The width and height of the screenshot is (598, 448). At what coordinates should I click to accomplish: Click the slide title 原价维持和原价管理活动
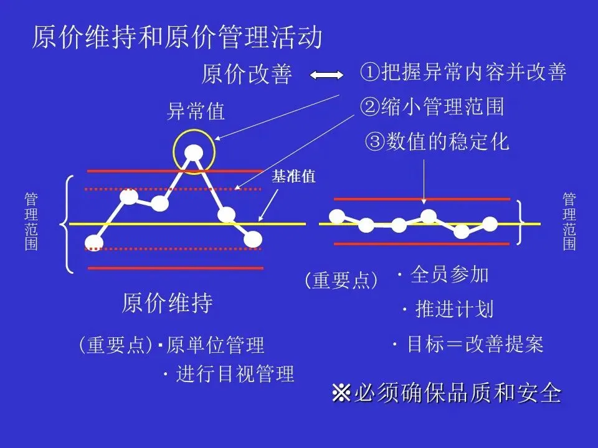[x=178, y=37]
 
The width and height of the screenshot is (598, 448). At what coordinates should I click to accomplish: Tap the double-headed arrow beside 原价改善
[x=327, y=75]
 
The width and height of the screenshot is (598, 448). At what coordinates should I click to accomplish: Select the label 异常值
[x=196, y=112]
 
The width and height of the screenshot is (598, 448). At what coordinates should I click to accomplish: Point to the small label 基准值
[x=294, y=177]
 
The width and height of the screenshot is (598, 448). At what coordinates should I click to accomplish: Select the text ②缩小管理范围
[x=432, y=107]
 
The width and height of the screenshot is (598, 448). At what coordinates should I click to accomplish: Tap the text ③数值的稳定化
[x=437, y=142]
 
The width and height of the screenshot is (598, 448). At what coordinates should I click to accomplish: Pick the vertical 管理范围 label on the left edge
[x=31, y=222]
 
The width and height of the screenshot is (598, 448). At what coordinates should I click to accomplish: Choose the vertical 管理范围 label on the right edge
[x=569, y=222]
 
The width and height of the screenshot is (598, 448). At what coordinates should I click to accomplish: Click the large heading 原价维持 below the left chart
[x=167, y=304]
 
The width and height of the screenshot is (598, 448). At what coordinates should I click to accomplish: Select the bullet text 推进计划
[x=454, y=309]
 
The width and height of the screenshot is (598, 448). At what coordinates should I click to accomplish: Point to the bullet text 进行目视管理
[x=235, y=375]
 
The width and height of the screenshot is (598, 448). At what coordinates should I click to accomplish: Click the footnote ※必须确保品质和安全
[x=447, y=394]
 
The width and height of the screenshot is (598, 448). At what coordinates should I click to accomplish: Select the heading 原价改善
[x=247, y=75]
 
